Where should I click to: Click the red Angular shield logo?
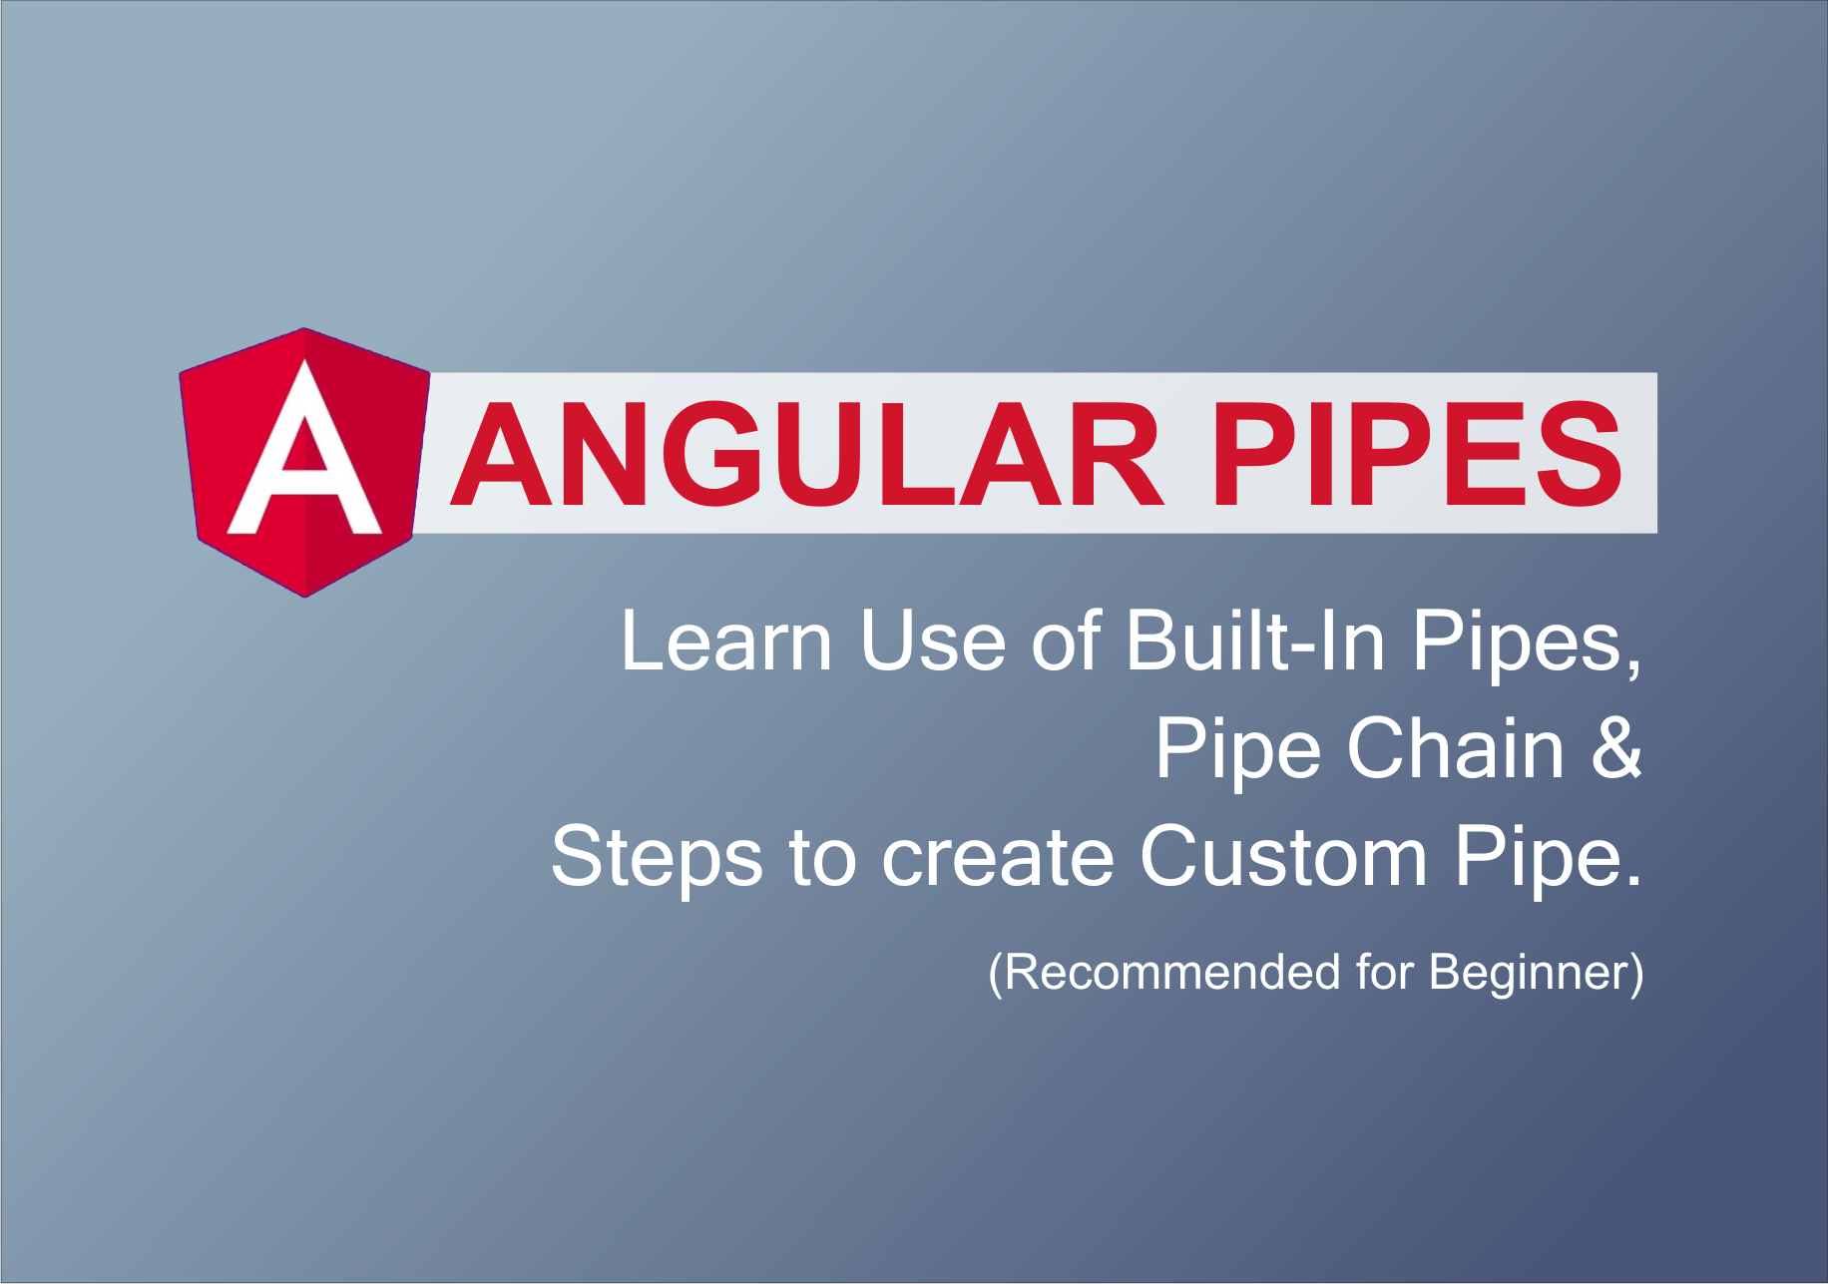[304, 462]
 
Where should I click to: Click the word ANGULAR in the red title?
[807, 455]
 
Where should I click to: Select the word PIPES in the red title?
[1417, 455]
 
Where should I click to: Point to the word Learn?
[726, 641]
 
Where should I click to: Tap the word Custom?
[1284, 856]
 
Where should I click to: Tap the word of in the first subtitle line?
[1066, 641]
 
